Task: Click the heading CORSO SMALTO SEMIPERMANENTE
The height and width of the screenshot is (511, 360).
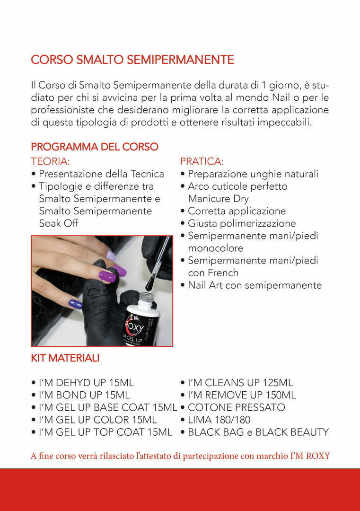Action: click(132, 60)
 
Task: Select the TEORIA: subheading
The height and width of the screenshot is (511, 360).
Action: click(51, 161)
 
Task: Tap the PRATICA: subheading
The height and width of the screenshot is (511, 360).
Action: click(202, 161)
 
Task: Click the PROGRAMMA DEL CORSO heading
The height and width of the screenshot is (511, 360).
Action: click(95, 147)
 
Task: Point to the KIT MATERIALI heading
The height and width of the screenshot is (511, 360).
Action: click(65, 358)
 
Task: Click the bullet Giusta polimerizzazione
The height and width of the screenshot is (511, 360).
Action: click(242, 223)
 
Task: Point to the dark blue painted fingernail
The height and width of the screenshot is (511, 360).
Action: click(75, 304)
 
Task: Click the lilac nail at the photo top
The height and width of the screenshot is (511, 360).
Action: click(111, 255)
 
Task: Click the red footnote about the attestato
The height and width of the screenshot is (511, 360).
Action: click(180, 456)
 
